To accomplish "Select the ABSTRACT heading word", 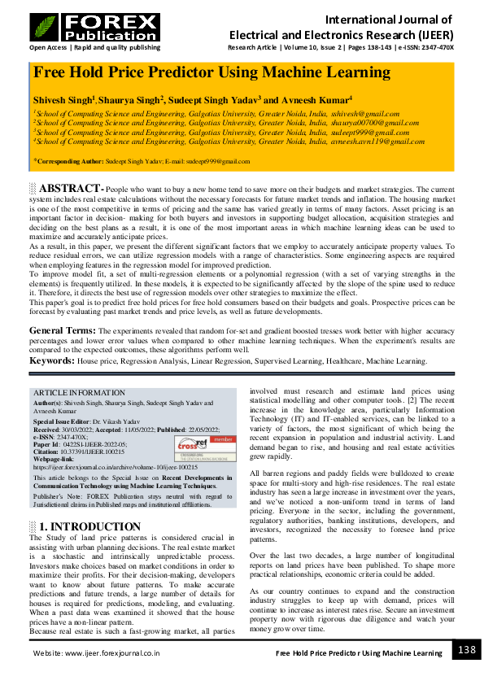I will coord(71,189).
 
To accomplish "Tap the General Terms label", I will coord(63,331).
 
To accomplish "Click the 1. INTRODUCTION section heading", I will coord(90,526).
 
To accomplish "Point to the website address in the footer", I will coord(96,652).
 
